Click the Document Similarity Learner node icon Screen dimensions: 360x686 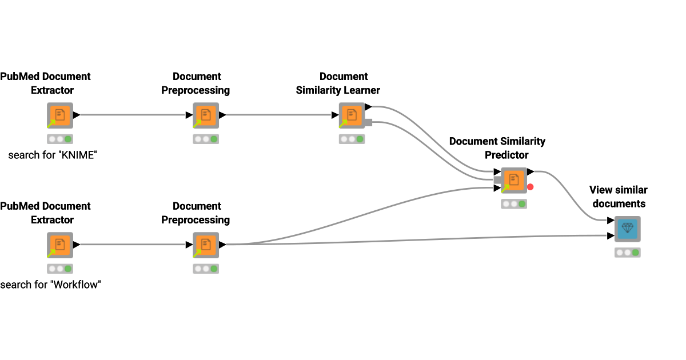click(x=352, y=115)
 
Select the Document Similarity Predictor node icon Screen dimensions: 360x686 click(x=513, y=180)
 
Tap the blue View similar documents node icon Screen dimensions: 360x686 click(x=628, y=229)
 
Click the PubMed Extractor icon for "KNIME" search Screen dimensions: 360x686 click(x=59, y=115)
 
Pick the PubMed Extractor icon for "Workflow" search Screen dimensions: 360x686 click(x=59, y=245)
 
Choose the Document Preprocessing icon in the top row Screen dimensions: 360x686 click(x=206, y=115)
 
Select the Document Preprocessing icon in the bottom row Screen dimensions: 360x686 click(x=206, y=245)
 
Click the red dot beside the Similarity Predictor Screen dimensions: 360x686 click(x=531, y=187)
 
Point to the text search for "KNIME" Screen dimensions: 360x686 click(x=53, y=155)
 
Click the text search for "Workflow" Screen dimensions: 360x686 click(x=50, y=285)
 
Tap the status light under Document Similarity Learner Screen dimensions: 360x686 click(x=352, y=139)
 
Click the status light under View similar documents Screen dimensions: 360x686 click(x=628, y=252)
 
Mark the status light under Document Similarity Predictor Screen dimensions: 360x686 click(x=513, y=203)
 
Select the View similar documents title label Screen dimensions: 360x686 click(x=619, y=197)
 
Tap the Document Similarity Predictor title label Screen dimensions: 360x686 click(x=497, y=148)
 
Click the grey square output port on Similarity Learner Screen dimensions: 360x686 click(x=368, y=122)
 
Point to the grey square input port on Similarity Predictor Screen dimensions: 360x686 click(x=497, y=179)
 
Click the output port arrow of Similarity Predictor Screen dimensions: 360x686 click(x=531, y=171)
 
